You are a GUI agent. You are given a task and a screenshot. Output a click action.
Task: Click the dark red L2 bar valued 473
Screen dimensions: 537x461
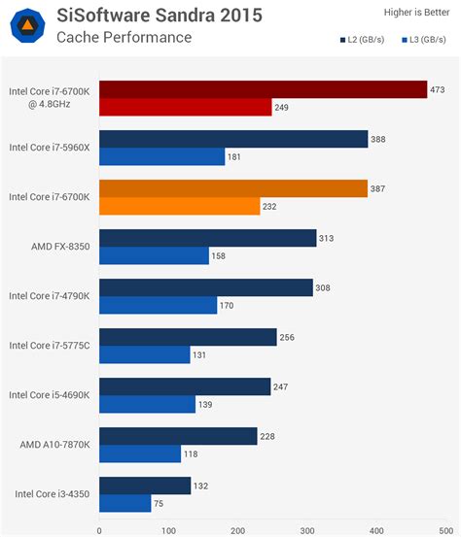[263, 90]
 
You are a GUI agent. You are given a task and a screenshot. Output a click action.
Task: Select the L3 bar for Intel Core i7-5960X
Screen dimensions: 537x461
[161, 156]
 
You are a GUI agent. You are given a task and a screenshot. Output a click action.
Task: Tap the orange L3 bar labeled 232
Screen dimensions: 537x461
[179, 206]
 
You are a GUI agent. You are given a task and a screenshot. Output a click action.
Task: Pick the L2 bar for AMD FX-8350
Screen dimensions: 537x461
[207, 238]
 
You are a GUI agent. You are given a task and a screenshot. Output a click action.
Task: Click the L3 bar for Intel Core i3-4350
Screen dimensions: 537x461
[124, 503]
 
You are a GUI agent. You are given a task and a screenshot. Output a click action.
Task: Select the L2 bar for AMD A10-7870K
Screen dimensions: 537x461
[178, 436]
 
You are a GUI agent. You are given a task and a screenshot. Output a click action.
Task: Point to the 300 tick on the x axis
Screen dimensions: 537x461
[307, 530]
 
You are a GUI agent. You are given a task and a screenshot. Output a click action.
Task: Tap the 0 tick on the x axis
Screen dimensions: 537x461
[99, 530]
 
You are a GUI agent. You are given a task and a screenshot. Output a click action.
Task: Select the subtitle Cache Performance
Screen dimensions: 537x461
[124, 38]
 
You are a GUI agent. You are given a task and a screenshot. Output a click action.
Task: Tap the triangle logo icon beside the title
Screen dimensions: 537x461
[29, 26]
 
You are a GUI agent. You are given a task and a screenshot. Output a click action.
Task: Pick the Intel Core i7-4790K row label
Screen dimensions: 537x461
[49, 295]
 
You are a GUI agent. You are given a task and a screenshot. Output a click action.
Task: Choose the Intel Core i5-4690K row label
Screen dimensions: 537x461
[49, 395]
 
